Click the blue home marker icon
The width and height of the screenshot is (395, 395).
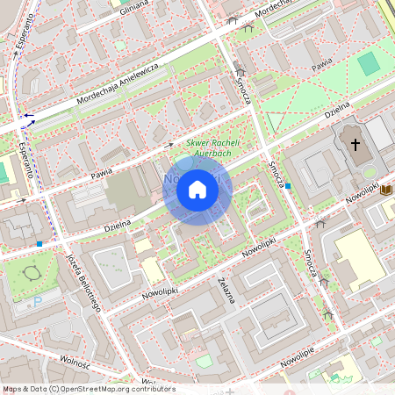(x=197, y=190)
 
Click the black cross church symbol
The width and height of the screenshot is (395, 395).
(x=355, y=143)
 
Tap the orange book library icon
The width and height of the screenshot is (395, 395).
(x=385, y=189)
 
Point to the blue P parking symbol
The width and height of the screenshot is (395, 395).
(x=37, y=302)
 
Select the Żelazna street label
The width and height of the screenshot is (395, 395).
(x=226, y=290)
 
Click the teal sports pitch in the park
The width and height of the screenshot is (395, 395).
(x=369, y=63)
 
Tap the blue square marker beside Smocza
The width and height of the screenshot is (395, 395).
(x=288, y=186)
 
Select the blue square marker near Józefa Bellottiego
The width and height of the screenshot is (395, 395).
(x=39, y=243)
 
